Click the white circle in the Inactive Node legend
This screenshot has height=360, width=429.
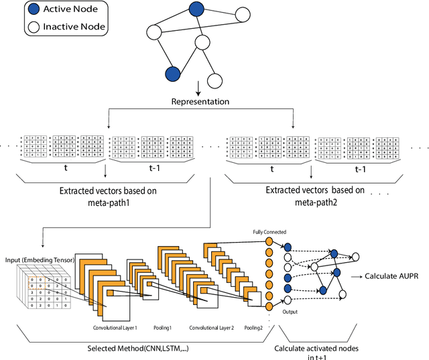pyautogui.click(x=15, y=28)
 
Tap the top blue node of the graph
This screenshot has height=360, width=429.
pyautogui.click(x=196, y=9)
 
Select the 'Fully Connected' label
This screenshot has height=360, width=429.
pyautogui.click(x=269, y=232)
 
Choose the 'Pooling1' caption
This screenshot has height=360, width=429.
pyautogui.click(x=164, y=328)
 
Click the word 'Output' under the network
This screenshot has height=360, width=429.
pyautogui.click(x=290, y=312)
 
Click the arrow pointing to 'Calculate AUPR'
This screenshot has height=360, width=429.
pyautogui.click(x=357, y=276)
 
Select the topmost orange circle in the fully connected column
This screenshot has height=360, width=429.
pyautogui.click(x=269, y=241)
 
